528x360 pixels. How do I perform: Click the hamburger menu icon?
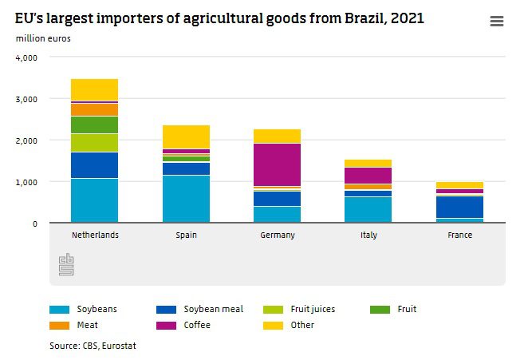(496, 22)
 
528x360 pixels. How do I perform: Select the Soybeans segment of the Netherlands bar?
(94, 200)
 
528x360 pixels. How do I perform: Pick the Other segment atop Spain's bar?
(186, 136)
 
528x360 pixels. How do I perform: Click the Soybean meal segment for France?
(460, 207)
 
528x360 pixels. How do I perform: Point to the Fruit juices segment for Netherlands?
(94, 143)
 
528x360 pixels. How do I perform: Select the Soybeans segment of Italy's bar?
(368, 209)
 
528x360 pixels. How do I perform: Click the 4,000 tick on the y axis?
(26, 57)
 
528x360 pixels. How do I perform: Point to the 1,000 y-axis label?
(26, 182)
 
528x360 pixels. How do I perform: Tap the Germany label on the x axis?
(278, 235)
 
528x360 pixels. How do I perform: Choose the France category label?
(460, 235)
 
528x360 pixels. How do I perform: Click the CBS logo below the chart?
(65, 265)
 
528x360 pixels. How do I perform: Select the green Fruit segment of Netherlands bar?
(94, 125)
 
